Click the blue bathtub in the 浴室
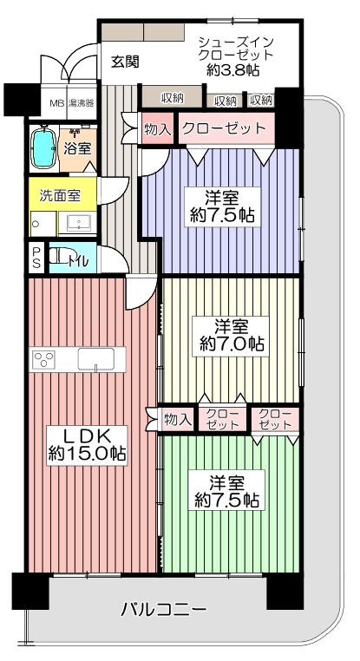click(x=43, y=147)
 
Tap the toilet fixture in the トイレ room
click(x=60, y=256)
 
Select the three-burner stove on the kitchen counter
click(x=44, y=360)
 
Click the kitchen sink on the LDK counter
click(x=95, y=360)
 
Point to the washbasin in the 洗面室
click(x=77, y=222)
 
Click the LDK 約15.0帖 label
click(x=87, y=446)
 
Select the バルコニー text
click(x=164, y=609)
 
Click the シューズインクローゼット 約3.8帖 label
click(x=237, y=56)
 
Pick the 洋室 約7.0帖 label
click(x=231, y=336)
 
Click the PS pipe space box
click(x=36, y=258)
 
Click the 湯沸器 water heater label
click(x=81, y=102)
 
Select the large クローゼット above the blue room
click(x=226, y=128)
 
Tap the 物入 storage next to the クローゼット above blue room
click(x=158, y=128)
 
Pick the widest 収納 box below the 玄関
click(x=172, y=98)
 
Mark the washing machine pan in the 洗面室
click(x=44, y=224)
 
